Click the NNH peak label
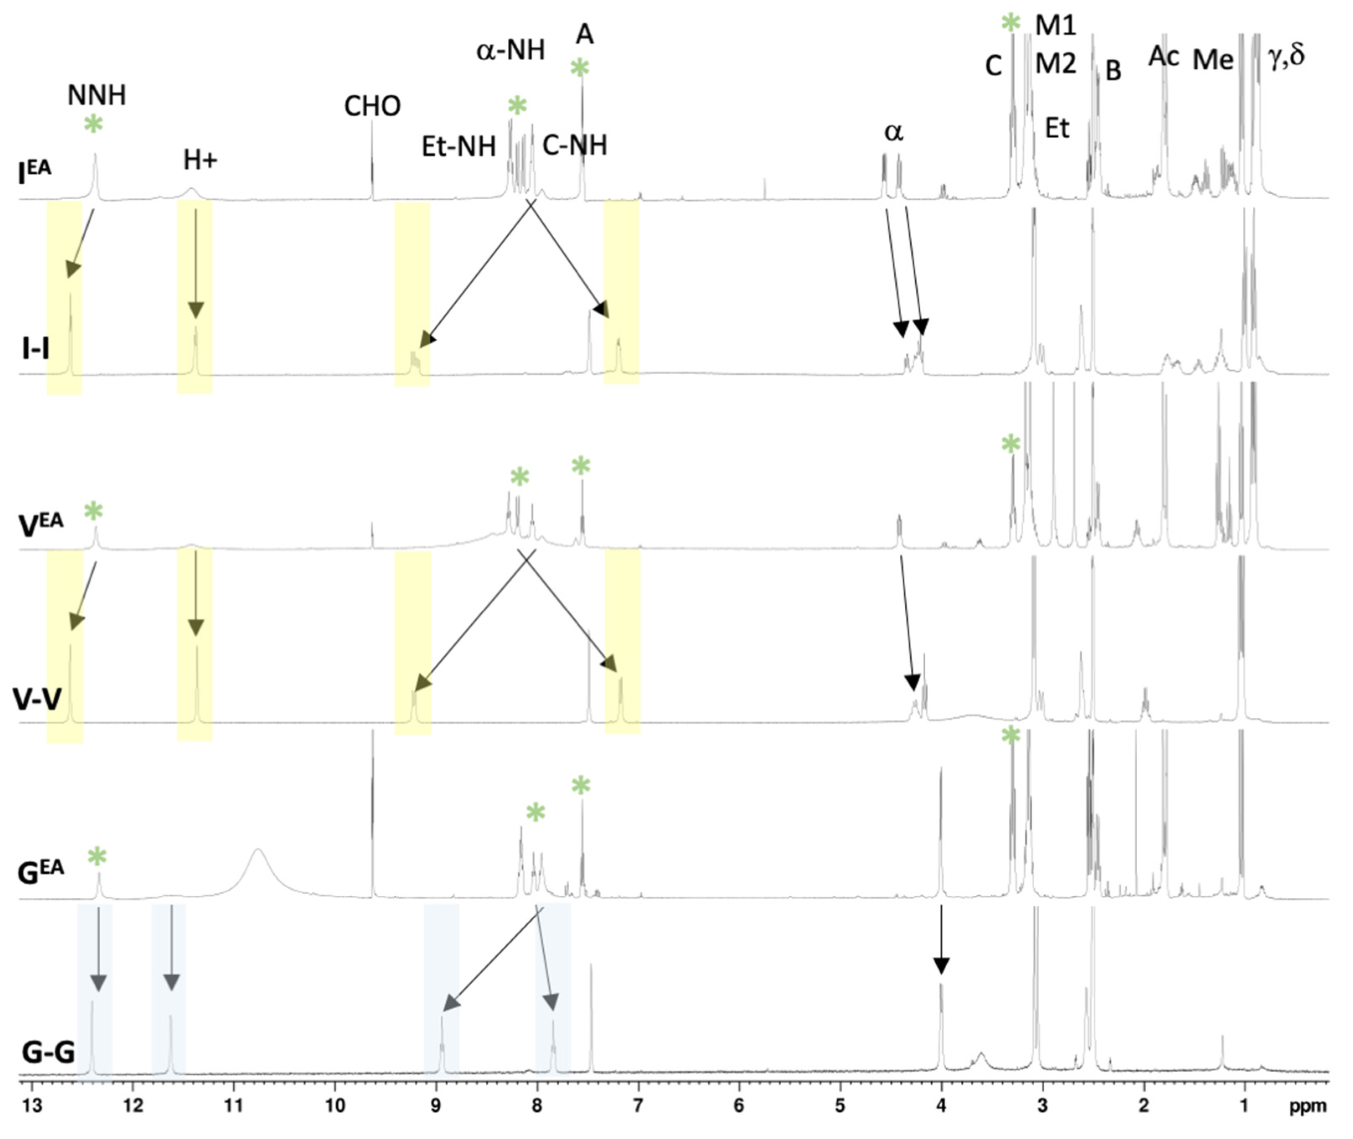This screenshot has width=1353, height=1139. pos(96,95)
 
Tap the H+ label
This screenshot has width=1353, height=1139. pos(200,160)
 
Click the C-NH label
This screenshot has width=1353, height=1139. pos(575,146)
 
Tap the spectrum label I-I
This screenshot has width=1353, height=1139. pos(36,350)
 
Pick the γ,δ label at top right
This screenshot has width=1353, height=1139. pos(1286,57)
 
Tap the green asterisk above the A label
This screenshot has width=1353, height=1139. pos(580,68)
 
